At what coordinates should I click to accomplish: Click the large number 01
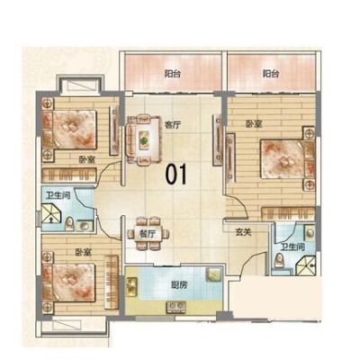click(176, 174)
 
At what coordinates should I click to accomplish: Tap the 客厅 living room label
click(173, 125)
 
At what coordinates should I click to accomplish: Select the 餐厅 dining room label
click(148, 234)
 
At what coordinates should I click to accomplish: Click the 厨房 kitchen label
click(178, 284)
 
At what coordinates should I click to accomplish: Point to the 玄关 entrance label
click(243, 231)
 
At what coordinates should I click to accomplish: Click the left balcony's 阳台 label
click(173, 74)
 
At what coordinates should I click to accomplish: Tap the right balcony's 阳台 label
click(271, 74)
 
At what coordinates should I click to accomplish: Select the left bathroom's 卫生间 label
click(58, 195)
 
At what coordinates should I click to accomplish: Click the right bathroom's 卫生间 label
click(292, 247)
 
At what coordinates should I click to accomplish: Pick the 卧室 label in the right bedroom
click(254, 123)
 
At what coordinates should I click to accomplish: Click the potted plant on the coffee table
click(144, 139)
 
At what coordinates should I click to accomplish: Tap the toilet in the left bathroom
click(69, 223)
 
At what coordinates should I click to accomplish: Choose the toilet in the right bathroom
click(280, 260)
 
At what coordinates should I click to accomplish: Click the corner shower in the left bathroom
click(51, 213)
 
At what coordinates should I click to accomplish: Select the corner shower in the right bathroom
click(306, 265)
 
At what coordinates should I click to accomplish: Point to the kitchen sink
click(214, 274)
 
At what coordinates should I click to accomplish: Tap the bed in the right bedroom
click(287, 159)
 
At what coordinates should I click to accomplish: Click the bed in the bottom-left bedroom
click(69, 284)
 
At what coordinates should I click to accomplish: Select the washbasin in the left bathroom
click(85, 225)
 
